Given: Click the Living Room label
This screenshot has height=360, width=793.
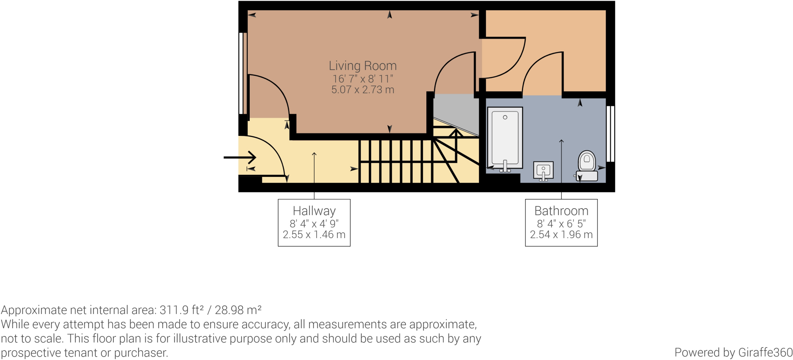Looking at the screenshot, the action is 362,66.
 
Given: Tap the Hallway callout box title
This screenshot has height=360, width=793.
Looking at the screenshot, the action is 314,211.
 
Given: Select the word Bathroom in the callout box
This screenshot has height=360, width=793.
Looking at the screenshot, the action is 561,211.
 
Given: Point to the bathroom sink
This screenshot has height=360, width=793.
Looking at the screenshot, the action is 543,171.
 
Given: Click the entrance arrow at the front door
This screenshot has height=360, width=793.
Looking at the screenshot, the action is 240,158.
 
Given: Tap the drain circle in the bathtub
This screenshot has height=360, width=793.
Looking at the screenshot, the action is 505,117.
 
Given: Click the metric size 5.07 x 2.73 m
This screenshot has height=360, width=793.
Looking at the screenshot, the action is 362,90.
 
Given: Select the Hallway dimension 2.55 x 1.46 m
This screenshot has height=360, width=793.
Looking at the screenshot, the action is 314,235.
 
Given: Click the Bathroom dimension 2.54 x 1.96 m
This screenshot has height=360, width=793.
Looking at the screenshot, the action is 561,235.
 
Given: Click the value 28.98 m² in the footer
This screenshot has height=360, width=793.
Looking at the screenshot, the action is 238,310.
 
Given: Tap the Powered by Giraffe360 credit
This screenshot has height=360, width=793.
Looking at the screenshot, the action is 733,353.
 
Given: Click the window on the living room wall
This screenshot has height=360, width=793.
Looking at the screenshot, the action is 242,73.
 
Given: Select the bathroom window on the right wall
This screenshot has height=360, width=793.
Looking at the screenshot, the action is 610,134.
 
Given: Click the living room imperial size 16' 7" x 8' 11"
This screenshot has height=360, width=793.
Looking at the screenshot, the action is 362,79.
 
